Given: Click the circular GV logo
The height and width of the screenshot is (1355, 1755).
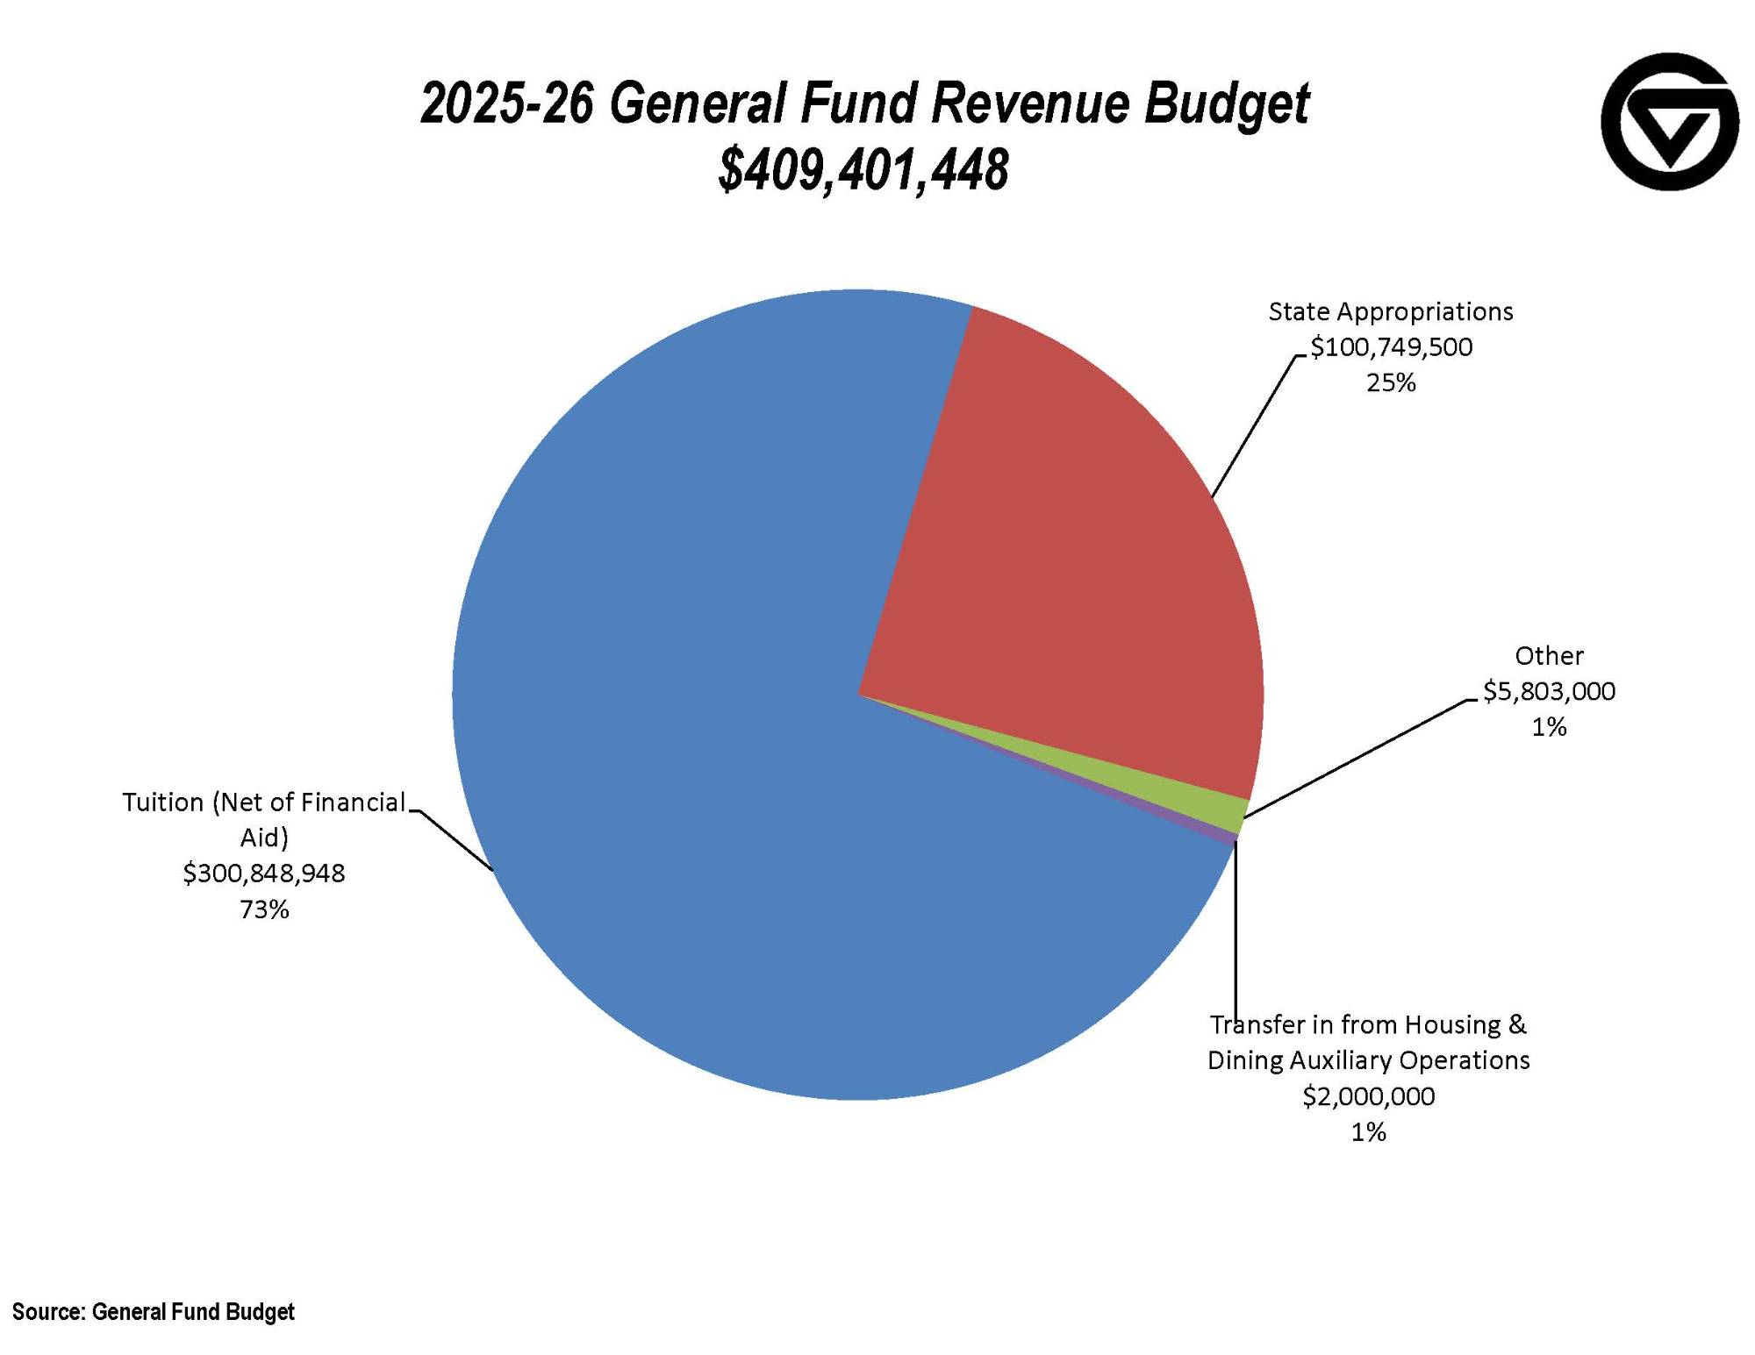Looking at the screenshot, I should tap(1669, 121).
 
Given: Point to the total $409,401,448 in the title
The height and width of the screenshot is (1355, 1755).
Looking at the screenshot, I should tap(863, 169).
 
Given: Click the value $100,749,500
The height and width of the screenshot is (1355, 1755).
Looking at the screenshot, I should tap(1391, 347).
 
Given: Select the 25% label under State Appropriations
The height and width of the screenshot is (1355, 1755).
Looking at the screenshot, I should tap(1391, 383).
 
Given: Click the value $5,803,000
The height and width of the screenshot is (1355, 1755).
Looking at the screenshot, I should tap(1549, 692).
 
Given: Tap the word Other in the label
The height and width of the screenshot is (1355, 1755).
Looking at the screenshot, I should tap(1549, 656).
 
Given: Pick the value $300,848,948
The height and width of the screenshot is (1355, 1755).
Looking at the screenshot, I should tap(264, 874).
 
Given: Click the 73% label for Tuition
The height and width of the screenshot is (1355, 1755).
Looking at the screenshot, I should tap(264, 909).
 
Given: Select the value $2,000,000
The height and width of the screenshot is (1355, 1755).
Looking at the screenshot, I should tap(1368, 1097).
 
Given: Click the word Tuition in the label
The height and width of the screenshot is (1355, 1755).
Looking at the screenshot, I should tap(162, 802).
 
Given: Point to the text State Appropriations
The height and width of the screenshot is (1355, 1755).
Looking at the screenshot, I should tap(1391, 311).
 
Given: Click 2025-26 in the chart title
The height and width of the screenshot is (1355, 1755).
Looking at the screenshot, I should tap(507, 103).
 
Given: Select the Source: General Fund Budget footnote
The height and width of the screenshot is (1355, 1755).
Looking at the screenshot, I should tap(154, 1312).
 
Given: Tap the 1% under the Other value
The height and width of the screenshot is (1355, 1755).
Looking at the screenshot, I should tap(1549, 727).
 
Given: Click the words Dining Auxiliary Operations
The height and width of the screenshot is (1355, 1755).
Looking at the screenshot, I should tap(1368, 1061).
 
